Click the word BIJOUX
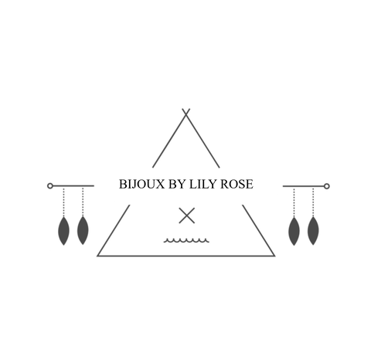tap(141, 184)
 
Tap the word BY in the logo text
tap(177, 184)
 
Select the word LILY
tap(203, 184)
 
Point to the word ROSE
tap(237, 184)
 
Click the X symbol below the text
tap(187, 216)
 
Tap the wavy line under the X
tap(186, 240)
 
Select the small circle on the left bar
tap(50, 185)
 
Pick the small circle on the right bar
tap(326, 186)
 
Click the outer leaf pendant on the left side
tap(63, 231)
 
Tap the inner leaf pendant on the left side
tap(83, 230)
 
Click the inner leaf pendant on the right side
tap(294, 231)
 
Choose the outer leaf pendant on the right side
tap(313, 230)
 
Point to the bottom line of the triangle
tap(186, 256)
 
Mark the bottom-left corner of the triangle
tap(97, 256)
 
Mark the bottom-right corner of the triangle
tap(275, 256)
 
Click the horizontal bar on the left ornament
tap(73, 185)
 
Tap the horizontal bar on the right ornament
tap(304, 186)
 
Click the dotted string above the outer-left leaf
tap(63, 202)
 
